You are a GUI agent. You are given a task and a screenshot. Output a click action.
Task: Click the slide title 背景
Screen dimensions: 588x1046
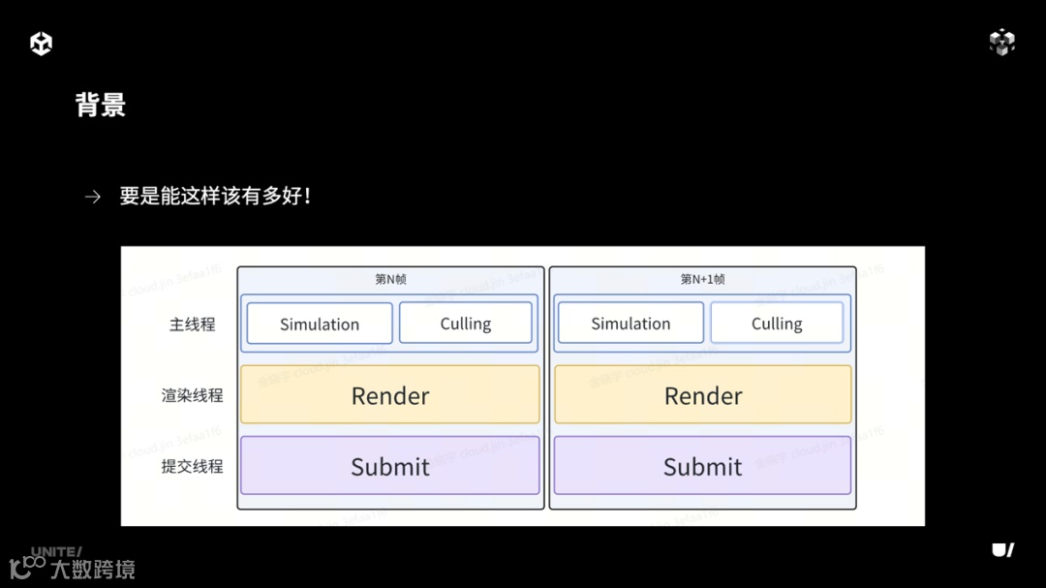pos(101,105)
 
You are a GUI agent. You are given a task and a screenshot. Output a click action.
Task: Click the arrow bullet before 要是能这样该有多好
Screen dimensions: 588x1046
pos(92,197)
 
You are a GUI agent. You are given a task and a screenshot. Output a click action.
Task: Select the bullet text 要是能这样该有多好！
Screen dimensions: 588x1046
pos(215,197)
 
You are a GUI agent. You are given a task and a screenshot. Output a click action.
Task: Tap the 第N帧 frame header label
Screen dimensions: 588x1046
pos(390,279)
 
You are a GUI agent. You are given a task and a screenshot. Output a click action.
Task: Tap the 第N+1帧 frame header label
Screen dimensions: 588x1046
pos(702,279)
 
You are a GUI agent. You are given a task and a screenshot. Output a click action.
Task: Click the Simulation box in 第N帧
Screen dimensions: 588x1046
pos(320,324)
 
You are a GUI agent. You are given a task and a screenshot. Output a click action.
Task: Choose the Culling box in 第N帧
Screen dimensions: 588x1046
pos(466,324)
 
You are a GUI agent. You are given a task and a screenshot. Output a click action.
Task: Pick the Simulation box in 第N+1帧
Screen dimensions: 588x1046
pos(631,324)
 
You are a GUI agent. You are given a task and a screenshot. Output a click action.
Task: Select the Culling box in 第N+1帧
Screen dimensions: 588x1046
pos(777,324)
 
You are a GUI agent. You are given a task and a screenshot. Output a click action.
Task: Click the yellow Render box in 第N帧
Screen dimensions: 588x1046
pos(390,395)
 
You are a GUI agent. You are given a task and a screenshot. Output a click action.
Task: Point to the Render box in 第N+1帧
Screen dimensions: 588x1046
pos(703,395)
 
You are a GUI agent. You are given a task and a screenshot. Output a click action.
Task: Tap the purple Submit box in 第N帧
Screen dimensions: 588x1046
pos(390,466)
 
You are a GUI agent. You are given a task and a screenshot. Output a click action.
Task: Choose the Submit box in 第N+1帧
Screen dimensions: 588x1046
pos(702,466)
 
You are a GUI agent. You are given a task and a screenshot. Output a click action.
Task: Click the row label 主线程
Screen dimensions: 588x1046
pos(192,325)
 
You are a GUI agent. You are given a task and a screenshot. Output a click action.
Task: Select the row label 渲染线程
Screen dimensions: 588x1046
pos(192,395)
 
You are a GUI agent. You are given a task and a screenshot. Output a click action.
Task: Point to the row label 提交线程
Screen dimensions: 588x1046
pos(192,466)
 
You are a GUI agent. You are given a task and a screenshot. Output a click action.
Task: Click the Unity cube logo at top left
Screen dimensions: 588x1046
pos(42,44)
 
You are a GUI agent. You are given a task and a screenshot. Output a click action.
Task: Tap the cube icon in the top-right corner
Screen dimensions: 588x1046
pos(1002,43)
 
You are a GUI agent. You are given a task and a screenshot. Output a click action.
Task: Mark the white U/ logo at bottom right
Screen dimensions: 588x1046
pos(1002,549)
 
